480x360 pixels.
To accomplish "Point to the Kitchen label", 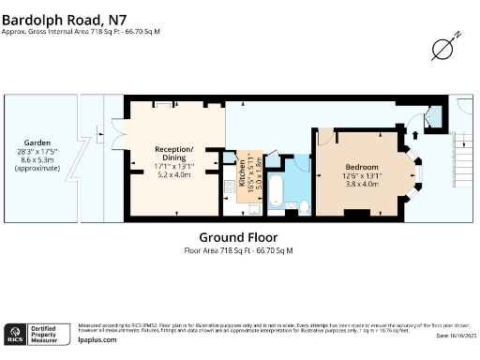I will pyautogui.click(x=241, y=173).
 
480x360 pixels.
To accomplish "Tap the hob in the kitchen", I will pyautogui.click(x=228, y=187).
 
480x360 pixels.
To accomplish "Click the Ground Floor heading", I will pyautogui.click(x=238, y=237).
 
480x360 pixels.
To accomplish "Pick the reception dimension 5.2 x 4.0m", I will pyautogui.click(x=173, y=174).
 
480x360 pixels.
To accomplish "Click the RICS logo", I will pyautogui.click(x=15, y=334).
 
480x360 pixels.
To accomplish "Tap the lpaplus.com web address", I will pyautogui.click(x=97, y=339).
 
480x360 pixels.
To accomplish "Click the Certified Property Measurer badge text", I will pyautogui.click(x=48, y=334).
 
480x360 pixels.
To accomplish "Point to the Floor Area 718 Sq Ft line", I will pyautogui.click(x=238, y=250).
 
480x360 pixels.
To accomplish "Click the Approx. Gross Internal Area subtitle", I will pyautogui.click(x=81, y=31).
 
